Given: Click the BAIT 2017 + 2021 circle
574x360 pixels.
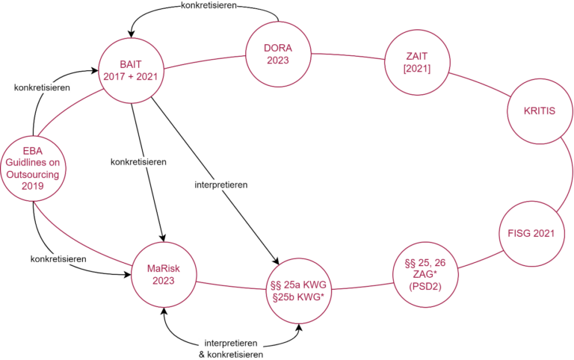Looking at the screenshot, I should [x=132, y=69].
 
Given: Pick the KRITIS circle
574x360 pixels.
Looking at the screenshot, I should [x=538, y=111].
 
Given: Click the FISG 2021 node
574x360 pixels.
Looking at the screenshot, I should [x=531, y=233].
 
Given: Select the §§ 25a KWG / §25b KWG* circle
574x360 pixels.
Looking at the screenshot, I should [x=300, y=290].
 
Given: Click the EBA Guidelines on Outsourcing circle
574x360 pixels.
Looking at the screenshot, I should [x=34, y=169].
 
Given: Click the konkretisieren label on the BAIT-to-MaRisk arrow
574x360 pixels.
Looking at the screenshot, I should [x=138, y=161].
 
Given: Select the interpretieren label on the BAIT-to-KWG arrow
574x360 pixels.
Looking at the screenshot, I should [x=220, y=184].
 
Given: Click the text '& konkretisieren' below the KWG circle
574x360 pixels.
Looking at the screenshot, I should [x=231, y=353].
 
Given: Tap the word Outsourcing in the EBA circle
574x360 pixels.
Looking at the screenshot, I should [x=34, y=175].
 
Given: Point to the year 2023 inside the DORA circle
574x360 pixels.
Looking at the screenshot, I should [x=278, y=60].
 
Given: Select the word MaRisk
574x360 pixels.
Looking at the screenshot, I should [x=163, y=269].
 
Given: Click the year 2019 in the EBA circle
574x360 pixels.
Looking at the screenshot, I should [x=34, y=186].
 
